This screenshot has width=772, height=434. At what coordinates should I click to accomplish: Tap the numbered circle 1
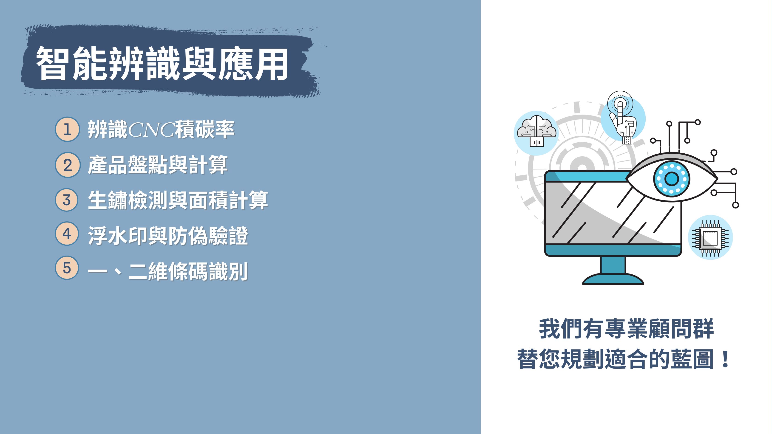67,129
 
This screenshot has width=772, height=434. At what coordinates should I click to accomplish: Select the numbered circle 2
67,165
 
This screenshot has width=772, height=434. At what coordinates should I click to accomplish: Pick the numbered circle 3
67,200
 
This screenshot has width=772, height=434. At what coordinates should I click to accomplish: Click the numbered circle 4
67,234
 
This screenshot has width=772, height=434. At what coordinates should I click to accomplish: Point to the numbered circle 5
67,268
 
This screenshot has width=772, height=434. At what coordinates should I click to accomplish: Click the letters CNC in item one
151,130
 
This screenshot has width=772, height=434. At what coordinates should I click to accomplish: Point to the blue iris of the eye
672,179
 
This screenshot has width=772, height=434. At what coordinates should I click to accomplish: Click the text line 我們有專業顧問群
626,329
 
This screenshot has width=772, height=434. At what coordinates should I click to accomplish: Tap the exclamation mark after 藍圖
726,359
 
